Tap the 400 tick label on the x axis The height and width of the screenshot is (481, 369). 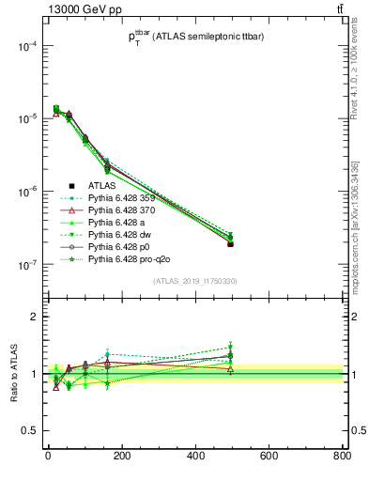pos(194,457)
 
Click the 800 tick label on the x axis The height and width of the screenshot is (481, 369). pos(341,457)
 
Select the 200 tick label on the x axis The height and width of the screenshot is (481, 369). pos(121,457)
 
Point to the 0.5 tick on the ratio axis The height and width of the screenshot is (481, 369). pos(27,431)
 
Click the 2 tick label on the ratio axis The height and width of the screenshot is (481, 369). pos(34,318)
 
